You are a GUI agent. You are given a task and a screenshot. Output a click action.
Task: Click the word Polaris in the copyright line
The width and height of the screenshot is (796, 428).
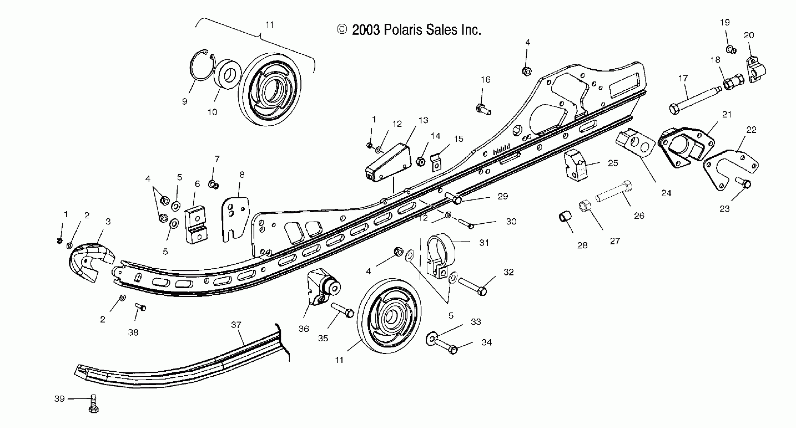click(x=403, y=30)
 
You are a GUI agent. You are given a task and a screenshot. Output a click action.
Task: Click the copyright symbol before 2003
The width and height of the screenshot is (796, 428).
click(x=342, y=30)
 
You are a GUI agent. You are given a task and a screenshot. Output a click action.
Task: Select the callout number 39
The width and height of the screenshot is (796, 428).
click(x=59, y=399)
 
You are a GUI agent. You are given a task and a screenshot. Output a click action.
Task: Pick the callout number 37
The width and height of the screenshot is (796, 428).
click(x=236, y=325)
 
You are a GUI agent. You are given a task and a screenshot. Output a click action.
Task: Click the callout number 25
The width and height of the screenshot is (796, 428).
click(x=613, y=163)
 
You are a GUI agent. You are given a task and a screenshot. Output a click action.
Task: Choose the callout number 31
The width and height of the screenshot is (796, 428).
click(x=484, y=243)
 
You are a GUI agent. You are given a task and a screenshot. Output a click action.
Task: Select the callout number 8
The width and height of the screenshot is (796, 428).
click(x=242, y=175)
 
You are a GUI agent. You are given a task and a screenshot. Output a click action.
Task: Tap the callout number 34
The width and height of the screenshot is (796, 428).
click(x=486, y=342)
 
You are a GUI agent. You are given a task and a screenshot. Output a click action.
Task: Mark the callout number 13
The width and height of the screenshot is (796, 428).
click(x=423, y=120)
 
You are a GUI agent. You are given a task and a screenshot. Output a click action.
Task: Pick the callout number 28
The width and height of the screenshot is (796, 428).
click(x=582, y=245)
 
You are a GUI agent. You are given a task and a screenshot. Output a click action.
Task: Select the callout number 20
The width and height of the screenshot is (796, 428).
click(x=749, y=35)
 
